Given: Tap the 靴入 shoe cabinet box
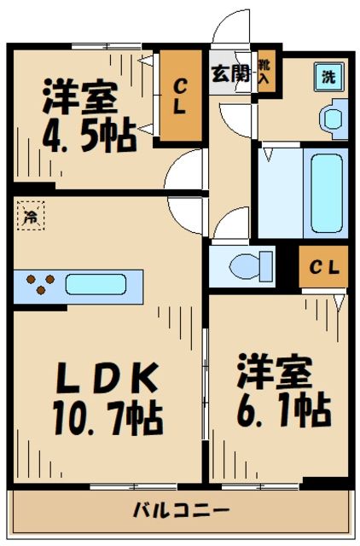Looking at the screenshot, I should [x=267, y=71].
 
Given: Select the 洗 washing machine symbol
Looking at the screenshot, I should [x=328, y=76].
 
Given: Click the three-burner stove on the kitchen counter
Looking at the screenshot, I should [x=38, y=283].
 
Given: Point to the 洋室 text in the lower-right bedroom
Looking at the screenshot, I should [x=276, y=372].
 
